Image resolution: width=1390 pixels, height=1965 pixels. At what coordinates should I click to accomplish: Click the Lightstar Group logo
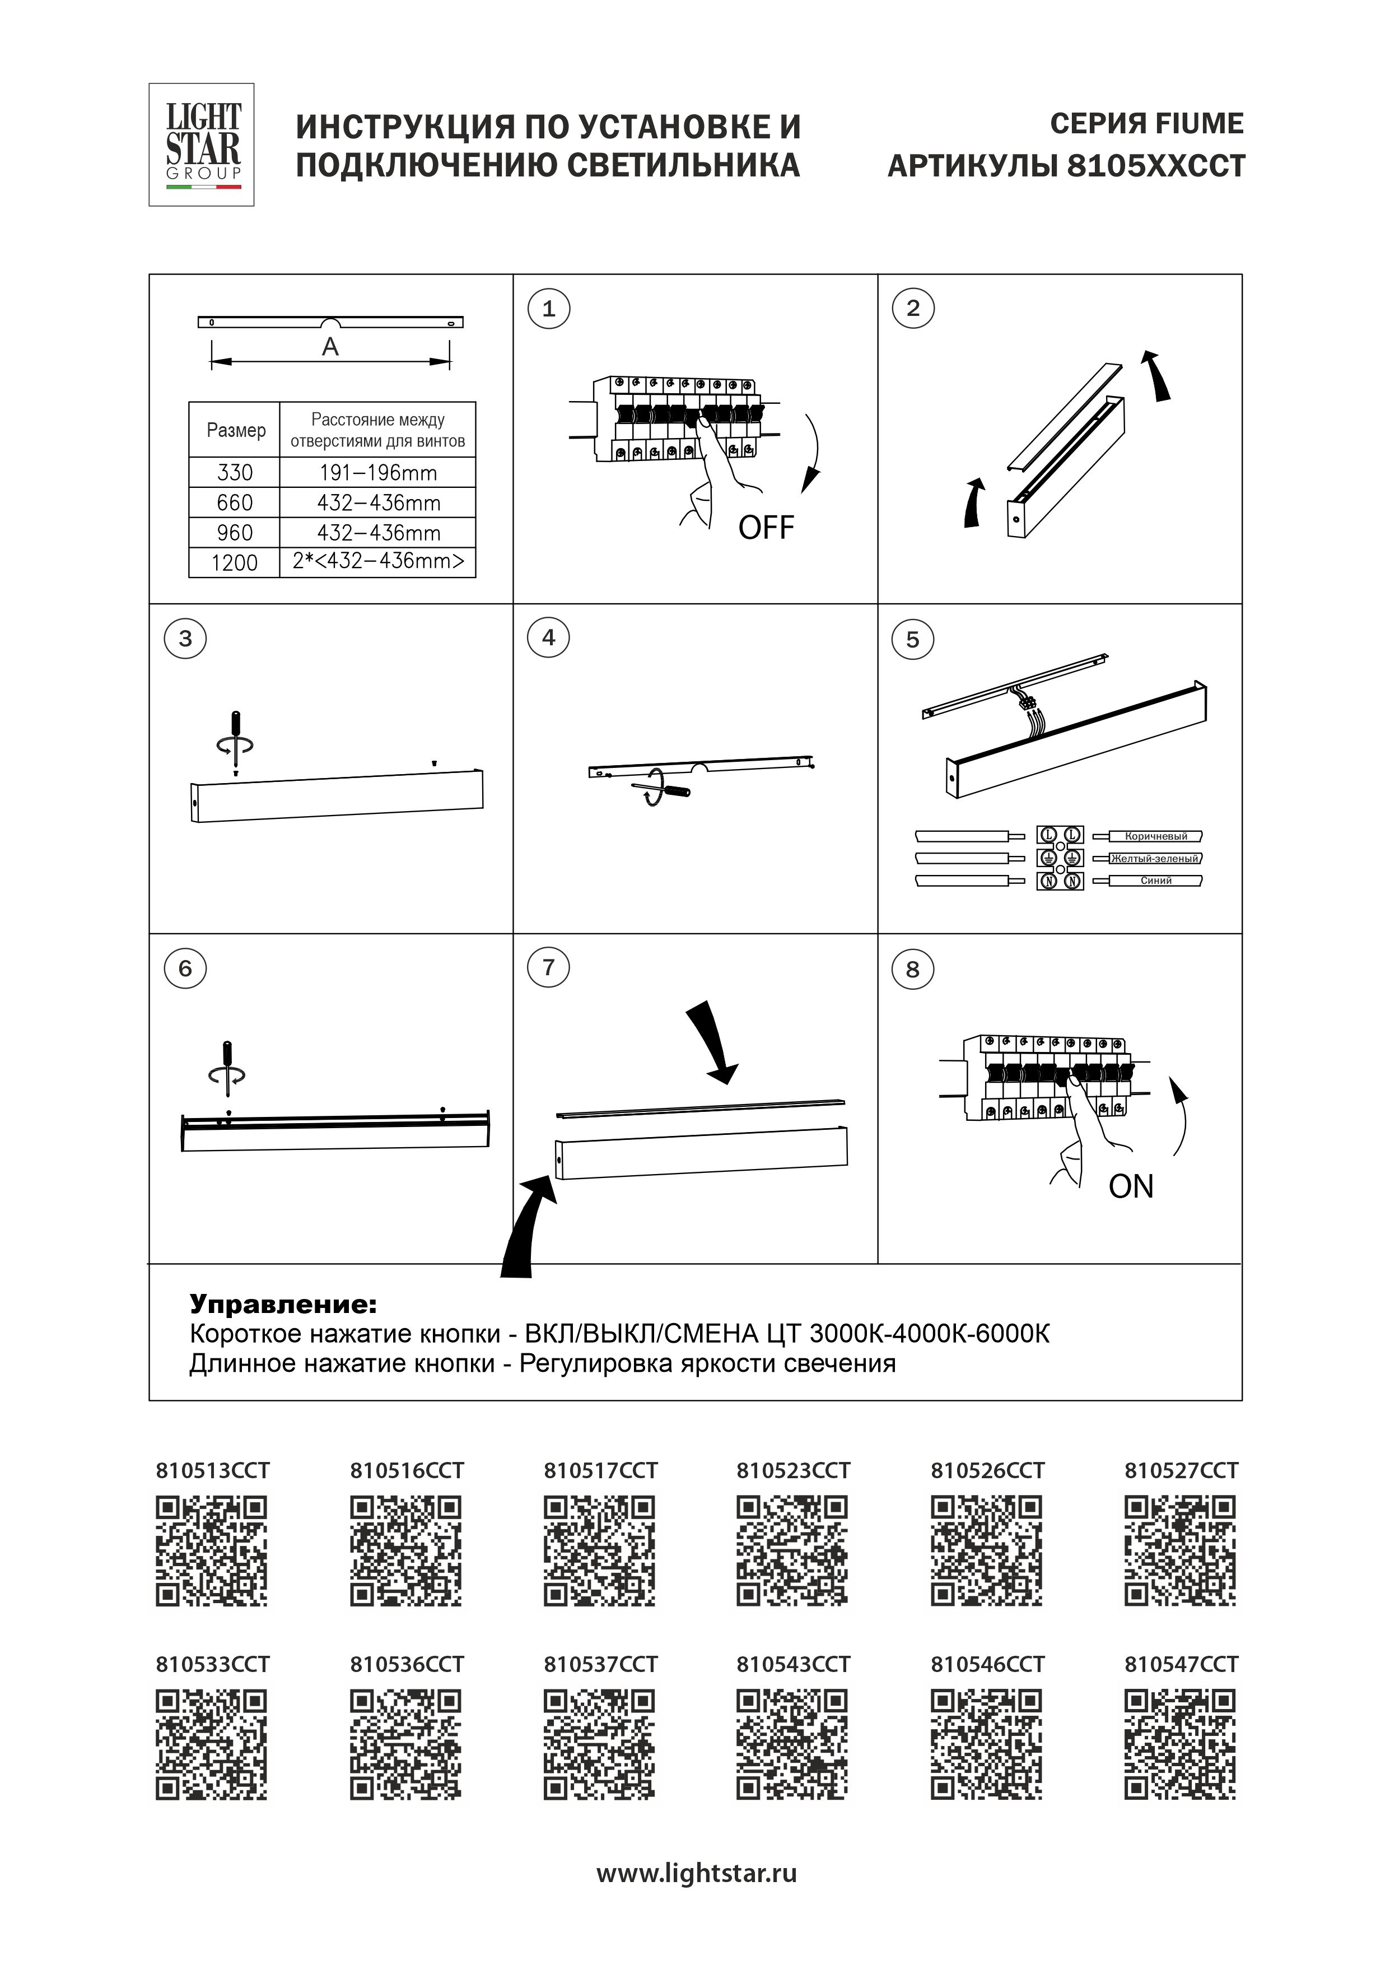click(202, 145)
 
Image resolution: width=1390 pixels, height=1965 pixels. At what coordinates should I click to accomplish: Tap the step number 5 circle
click(912, 639)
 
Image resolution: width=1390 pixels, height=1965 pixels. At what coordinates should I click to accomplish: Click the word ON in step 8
click(1131, 1186)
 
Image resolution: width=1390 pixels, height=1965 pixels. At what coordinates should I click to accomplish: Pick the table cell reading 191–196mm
click(377, 472)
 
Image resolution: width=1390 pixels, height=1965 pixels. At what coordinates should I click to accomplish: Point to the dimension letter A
click(330, 347)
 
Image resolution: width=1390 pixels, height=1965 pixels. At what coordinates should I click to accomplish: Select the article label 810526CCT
click(988, 1470)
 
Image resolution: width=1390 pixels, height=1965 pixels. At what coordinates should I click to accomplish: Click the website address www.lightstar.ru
click(696, 1874)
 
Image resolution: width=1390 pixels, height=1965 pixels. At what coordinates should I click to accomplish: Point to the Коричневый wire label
click(1155, 836)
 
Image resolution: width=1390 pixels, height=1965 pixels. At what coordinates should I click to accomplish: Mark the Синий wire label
click(1155, 881)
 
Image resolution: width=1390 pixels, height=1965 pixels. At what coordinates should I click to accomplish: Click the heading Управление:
click(282, 1304)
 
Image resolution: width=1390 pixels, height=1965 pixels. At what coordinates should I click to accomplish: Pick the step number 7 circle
click(549, 968)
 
